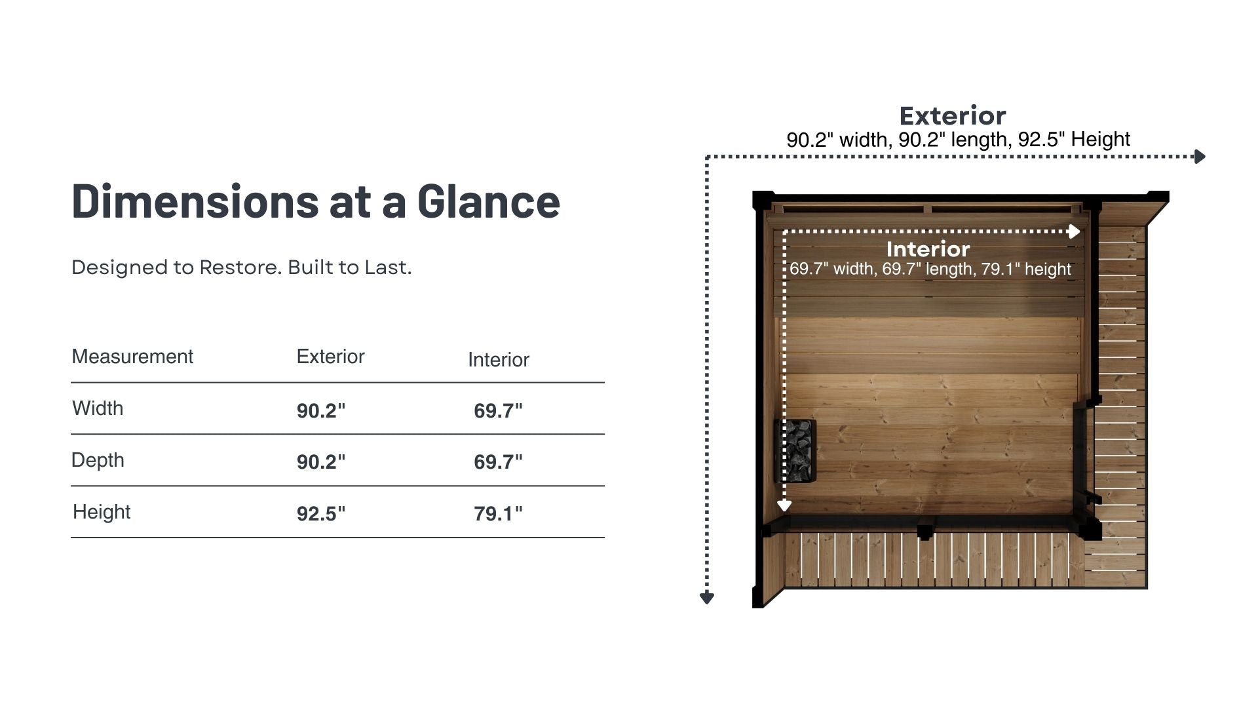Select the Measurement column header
tap(132, 356)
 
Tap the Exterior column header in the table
tap(330, 356)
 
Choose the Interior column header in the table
tap(498, 359)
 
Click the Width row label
tap(98, 408)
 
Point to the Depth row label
tap(98, 460)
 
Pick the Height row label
tap(102, 511)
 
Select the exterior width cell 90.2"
tap(321, 410)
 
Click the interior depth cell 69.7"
tap(498, 462)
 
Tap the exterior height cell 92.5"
tap(321, 513)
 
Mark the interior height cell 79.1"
tap(498, 513)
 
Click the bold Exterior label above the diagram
tap(952, 116)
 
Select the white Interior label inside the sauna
tap(928, 249)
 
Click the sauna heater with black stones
tap(796, 450)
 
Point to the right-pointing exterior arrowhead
tap(1200, 157)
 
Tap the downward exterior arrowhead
tap(706, 597)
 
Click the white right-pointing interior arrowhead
tap(1074, 231)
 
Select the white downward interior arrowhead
tap(784, 505)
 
